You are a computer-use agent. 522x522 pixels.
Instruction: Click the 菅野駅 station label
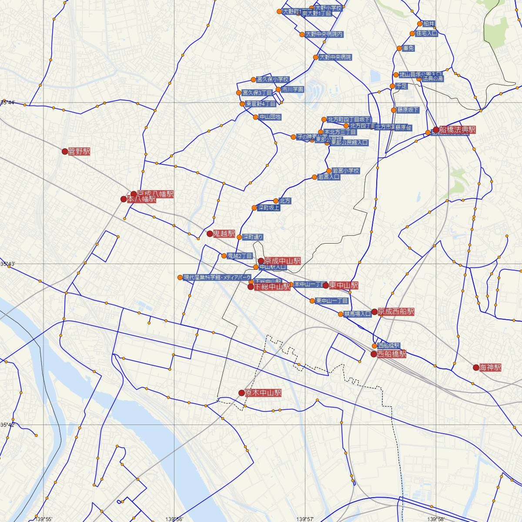tap(79, 152)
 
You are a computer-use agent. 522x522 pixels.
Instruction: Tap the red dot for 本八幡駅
tap(124, 199)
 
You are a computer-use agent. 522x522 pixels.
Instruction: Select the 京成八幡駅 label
tap(155, 194)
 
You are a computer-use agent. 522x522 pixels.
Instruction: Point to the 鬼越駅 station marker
tap(210, 234)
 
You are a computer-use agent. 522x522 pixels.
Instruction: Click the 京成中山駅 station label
tap(282, 261)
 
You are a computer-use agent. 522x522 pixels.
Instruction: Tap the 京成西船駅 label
tap(396, 311)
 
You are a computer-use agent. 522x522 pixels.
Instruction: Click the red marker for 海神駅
tap(476, 368)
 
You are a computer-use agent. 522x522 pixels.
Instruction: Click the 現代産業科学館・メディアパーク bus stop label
tap(217, 277)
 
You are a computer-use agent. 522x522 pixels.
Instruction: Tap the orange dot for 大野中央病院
tap(316, 57)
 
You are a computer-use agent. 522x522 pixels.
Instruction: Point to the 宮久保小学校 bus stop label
tap(273, 80)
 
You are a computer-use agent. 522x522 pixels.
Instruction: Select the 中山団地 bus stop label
tap(270, 117)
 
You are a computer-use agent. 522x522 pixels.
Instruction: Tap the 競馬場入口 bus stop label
tap(357, 314)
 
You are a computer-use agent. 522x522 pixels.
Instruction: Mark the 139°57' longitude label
tap(304, 519)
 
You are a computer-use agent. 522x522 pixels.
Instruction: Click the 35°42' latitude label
tap(7, 425)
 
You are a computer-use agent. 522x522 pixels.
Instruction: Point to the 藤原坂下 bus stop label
tap(408, 110)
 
